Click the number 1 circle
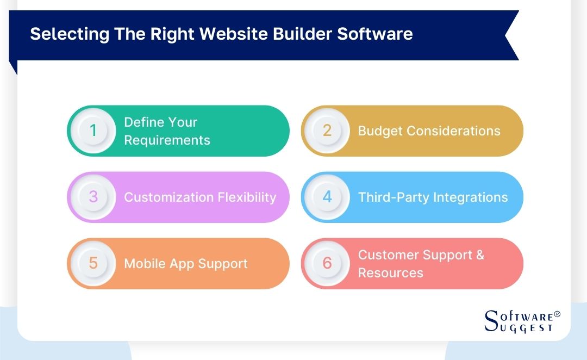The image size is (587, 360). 93,131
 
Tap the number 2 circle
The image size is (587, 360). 327,131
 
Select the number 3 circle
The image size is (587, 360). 93,197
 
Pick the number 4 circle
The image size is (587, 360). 327,197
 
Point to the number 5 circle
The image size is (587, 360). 93,263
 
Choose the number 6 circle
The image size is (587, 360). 327,263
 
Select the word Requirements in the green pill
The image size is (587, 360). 167,140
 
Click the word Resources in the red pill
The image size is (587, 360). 390,273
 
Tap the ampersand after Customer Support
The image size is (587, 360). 479,255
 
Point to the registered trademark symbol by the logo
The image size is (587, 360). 557,314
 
